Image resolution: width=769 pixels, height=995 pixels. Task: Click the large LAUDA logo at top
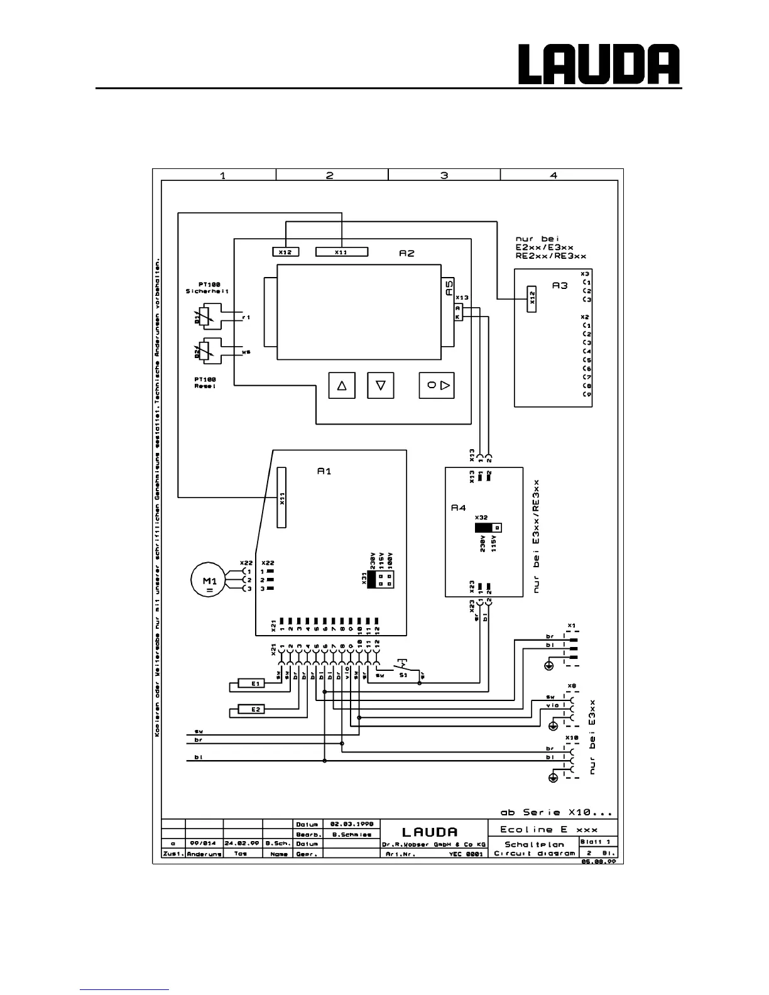(x=598, y=65)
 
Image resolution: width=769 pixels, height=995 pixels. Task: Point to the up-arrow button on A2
(x=342, y=385)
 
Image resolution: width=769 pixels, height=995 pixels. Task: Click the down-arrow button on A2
(x=380, y=385)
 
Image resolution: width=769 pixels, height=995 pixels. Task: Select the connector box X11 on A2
(x=341, y=252)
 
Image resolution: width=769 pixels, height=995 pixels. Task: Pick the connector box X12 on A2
(x=285, y=252)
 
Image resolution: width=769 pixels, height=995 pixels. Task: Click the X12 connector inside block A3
(x=532, y=300)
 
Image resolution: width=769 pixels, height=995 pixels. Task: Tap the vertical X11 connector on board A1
(x=282, y=497)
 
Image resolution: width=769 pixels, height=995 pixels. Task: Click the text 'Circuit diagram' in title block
(x=534, y=854)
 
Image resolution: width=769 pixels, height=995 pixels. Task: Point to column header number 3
(x=444, y=175)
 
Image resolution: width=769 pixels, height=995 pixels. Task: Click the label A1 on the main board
(x=324, y=472)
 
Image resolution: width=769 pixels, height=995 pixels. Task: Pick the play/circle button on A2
(x=437, y=385)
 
